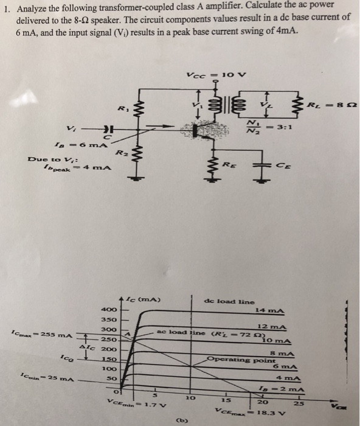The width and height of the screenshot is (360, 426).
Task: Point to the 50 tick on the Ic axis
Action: click(111, 379)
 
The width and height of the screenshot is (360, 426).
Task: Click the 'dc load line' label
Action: click(230, 301)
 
